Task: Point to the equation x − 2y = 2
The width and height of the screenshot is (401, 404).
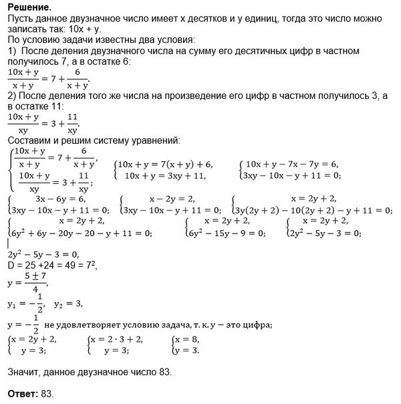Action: click(158, 199)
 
